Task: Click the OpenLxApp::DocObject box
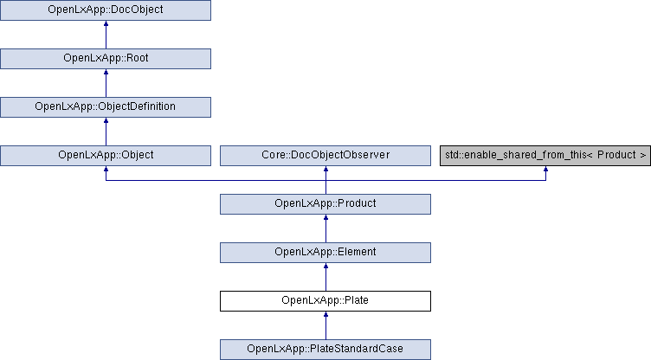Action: tap(106, 10)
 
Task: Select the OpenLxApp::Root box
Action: tap(106, 59)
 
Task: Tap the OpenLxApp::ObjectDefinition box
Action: tap(106, 107)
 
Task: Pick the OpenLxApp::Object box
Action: tap(106, 156)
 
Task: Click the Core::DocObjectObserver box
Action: tap(325, 156)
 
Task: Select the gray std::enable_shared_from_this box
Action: tap(545, 156)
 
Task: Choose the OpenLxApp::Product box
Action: tap(325, 204)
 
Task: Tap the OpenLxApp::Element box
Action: tap(325, 253)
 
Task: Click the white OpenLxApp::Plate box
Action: tap(325, 301)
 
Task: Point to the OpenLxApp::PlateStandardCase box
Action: tap(325, 350)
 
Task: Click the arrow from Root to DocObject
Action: tap(106, 35)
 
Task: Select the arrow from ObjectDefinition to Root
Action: tap(106, 83)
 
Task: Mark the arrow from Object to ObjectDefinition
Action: tap(106, 132)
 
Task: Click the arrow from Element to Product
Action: tap(325, 228)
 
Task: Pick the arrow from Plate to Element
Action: tap(325, 278)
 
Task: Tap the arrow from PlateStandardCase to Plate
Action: tap(325, 325)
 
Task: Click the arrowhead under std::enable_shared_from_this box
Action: tap(545, 169)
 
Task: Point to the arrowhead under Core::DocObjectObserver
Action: tap(325, 169)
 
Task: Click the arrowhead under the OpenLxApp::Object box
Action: tap(106, 169)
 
